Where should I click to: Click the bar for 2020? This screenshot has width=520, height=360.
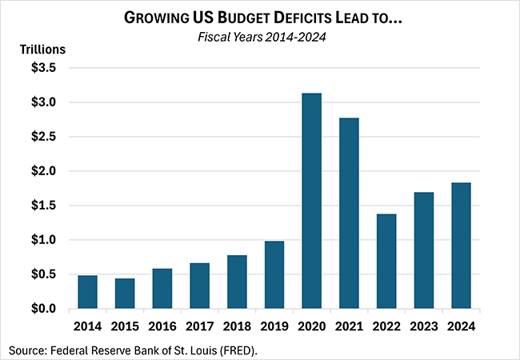311,201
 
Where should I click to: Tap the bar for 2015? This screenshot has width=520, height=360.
125,294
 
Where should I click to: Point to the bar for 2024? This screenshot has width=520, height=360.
461,246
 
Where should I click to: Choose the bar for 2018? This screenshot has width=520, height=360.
237,282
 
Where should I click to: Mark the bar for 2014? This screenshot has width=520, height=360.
87,292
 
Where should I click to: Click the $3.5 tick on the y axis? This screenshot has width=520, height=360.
44,69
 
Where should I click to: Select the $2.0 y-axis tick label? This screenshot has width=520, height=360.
44,171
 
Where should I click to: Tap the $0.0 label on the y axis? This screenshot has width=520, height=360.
44,309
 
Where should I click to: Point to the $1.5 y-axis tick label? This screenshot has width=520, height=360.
44,206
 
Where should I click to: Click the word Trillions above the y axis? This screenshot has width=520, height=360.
42,49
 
